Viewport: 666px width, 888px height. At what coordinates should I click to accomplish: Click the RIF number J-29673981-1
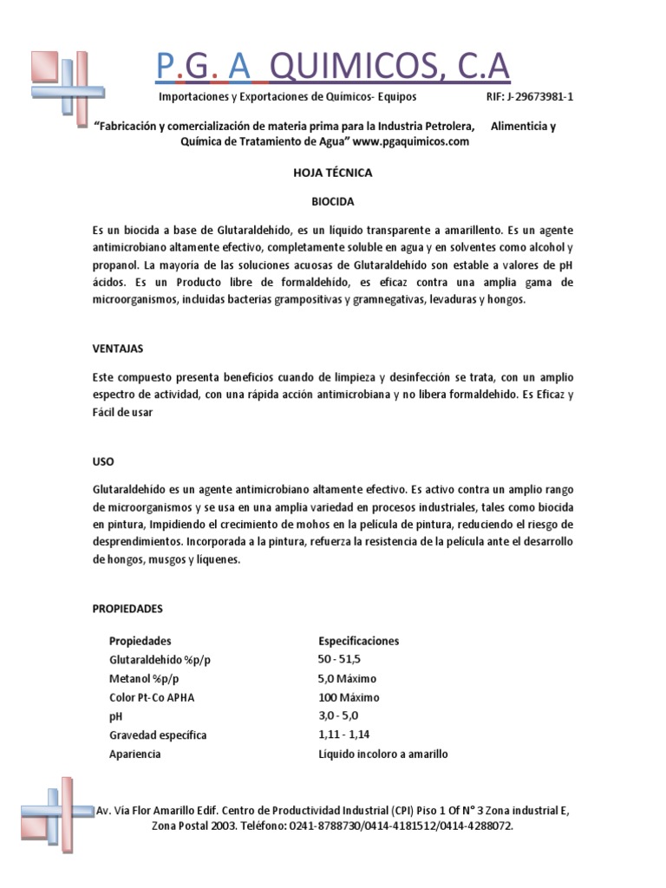[x=528, y=98]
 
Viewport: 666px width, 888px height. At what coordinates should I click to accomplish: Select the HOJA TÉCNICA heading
[x=333, y=173]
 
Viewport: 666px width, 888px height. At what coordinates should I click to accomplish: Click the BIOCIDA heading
[x=333, y=201]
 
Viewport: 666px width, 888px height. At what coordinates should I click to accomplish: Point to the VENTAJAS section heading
[x=118, y=348]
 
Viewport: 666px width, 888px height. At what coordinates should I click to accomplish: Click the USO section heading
[x=103, y=460]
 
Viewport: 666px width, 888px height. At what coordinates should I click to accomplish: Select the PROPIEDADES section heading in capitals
[x=127, y=609]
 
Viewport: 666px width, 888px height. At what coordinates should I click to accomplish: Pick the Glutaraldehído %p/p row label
[x=160, y=660]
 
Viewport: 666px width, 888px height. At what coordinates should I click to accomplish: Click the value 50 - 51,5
[x=340, y=660]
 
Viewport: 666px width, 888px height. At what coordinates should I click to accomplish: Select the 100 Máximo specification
[x=349, y=697]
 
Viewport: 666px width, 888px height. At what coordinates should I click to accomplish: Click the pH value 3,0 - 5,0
[x=338, y=715]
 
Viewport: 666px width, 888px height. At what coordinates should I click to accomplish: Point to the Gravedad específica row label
[x=158, y=735]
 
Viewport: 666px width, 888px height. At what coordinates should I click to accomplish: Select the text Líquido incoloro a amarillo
[x=382, y=754]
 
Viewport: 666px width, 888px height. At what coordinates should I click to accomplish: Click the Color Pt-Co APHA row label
[x=152, y=697]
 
